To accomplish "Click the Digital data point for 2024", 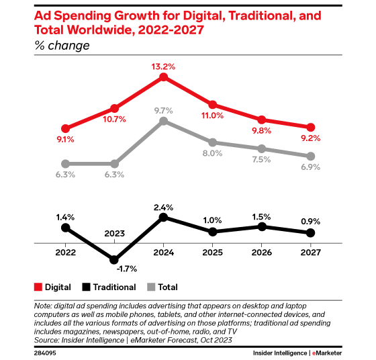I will (x=163, y=77).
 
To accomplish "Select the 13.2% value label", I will (x=163, y=66).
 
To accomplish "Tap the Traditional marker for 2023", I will (x=114, y=259).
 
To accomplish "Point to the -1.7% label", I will (x=126, y=269).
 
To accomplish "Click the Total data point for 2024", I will (x=163, y=121).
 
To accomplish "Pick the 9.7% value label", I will (x=163, y=110).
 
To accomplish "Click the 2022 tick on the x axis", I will (x=65, y=246).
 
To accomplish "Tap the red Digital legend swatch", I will (x=38, y=287).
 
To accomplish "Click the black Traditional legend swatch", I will (x=87, y=287).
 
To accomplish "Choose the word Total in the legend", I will (x=169, y=287).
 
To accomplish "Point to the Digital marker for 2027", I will (x=310, y=127).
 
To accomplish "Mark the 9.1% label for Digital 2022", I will (x=65, y=140).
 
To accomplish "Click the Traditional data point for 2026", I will (x=261, y=226).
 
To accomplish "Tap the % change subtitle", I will (x=61, y=46).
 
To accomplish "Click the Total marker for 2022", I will (x=65, y=163).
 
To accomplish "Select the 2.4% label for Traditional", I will (x=163, y=207).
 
